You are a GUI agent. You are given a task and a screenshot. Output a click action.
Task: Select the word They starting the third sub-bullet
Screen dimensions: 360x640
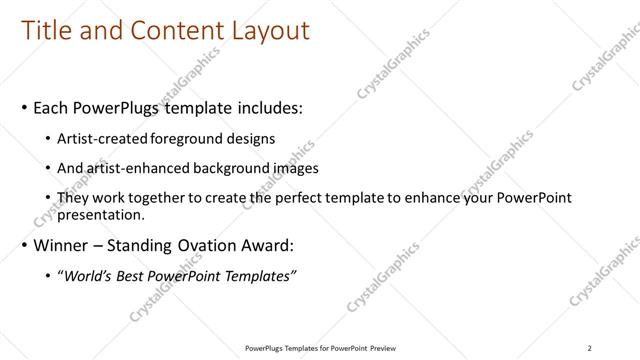point(74,199)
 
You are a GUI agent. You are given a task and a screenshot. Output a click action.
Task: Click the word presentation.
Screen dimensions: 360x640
point(102,214)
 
